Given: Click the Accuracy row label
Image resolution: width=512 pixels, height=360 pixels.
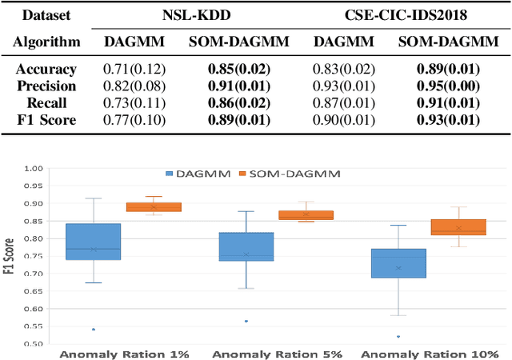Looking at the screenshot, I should click(50, 70).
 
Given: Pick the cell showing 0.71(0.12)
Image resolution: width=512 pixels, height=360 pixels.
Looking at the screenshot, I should click(134, 70).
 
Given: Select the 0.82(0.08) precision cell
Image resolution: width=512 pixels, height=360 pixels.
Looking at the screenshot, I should click(134, 86).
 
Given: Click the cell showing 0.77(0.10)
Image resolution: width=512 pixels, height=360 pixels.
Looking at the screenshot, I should click(134, 120).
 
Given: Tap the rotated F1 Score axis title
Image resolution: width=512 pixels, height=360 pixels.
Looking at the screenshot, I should click(10, 256).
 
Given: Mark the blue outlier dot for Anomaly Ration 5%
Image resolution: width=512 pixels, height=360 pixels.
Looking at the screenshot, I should click(246, 321).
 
